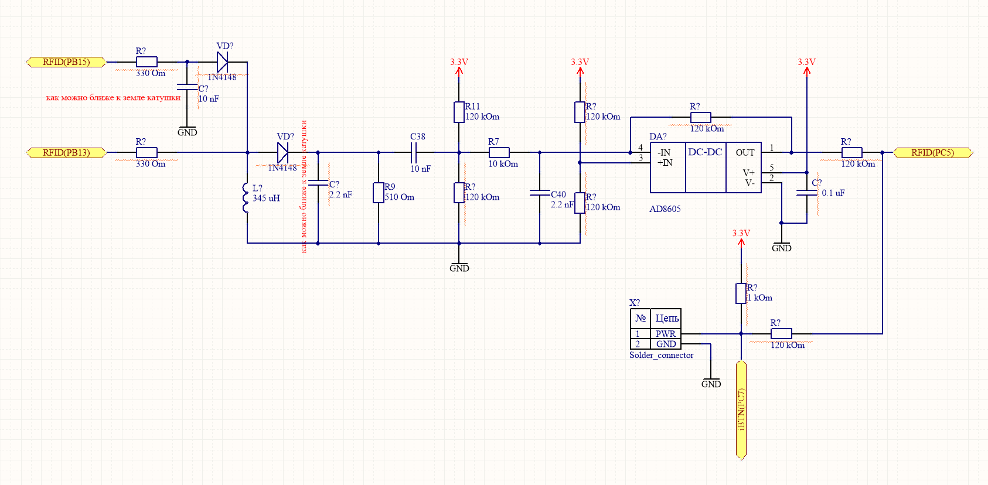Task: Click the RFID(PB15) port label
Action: [66, 62]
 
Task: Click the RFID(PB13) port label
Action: [66, 153]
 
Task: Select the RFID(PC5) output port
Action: [932, 153]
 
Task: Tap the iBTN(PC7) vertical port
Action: [741, 410]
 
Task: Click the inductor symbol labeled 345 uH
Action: [246, 198]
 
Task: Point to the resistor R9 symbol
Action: [379, 193]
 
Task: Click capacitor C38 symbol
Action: [414, 153]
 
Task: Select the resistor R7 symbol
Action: [499, 153]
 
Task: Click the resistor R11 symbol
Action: [459, 112]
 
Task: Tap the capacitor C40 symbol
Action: [540, 193]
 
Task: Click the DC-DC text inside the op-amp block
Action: [705, 152]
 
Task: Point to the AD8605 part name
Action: [665, 209]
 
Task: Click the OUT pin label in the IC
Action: [745, 153]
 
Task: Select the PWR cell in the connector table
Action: [666, 334]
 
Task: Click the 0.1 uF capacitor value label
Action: [833, 193]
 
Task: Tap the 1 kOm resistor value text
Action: [759, 298]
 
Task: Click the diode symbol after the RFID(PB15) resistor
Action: [222, 62]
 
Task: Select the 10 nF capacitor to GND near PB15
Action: [188, 87]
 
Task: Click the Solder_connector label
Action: [661, 356]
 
